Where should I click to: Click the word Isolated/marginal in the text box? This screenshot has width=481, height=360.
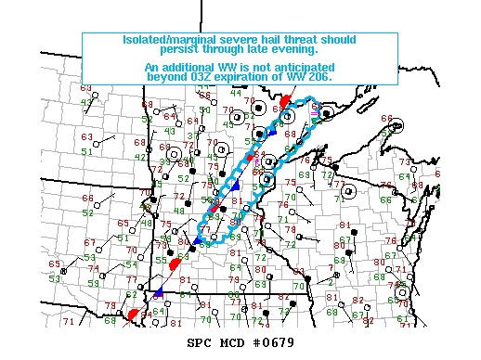(164, 41)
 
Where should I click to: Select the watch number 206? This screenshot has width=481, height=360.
(320, 78)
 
